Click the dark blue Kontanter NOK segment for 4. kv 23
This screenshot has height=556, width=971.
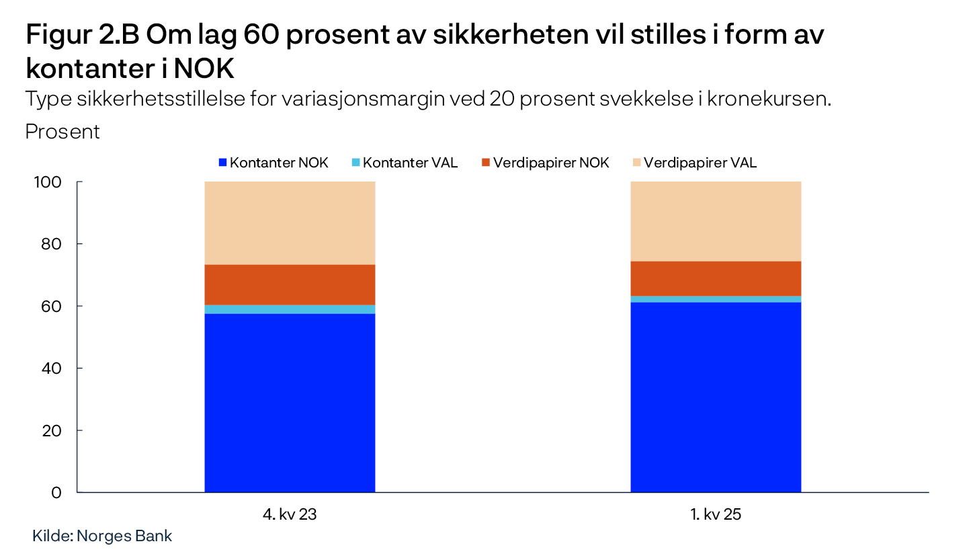290,403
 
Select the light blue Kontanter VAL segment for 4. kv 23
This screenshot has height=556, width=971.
290,309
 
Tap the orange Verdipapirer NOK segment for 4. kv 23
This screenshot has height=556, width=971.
290,284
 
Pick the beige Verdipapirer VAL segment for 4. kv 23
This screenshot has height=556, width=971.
290,223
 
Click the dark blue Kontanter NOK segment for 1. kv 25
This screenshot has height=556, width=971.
716,397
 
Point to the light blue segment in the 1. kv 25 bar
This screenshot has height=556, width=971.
716,299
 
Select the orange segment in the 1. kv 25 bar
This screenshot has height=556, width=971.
716,278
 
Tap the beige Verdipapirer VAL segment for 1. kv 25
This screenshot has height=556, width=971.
716,221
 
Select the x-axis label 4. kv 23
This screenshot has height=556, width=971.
290,516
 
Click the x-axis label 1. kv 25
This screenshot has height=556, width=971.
716,516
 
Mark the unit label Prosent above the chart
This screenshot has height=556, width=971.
62,132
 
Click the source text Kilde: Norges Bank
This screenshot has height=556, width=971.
102,536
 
